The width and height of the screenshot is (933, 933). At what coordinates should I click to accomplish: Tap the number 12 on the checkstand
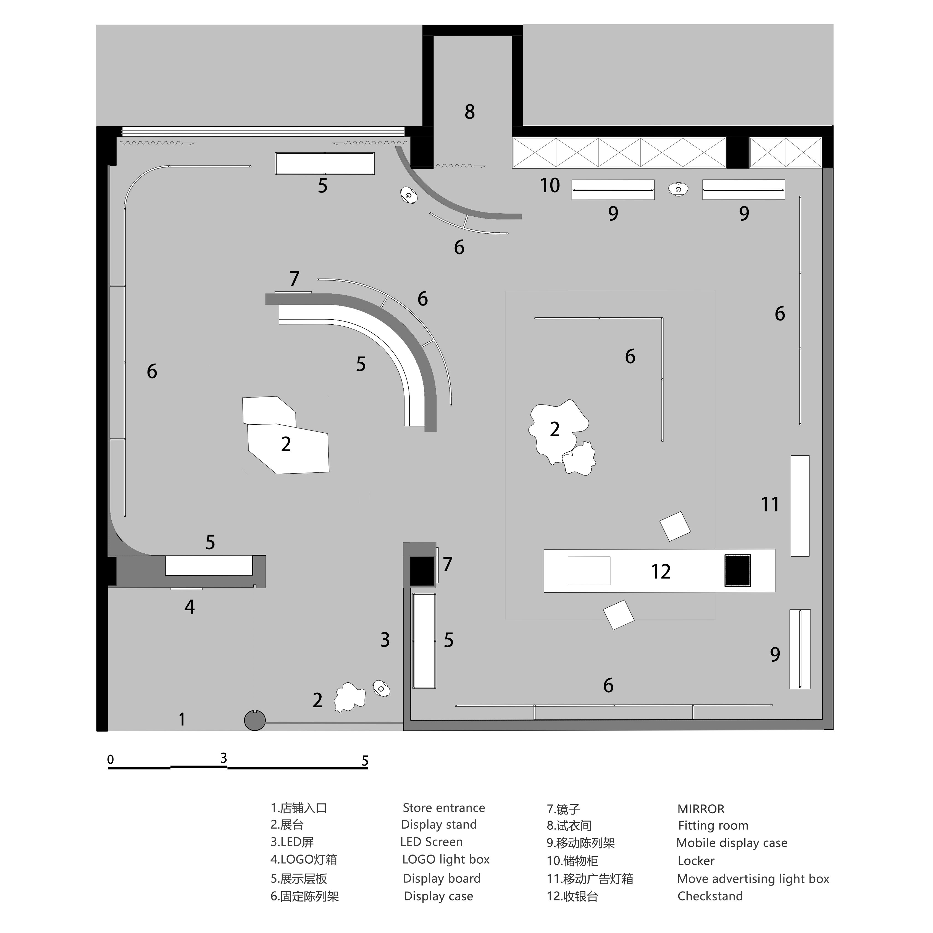click(x=661, y=572)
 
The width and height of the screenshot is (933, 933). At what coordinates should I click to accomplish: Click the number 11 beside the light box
click(x=770, y=505)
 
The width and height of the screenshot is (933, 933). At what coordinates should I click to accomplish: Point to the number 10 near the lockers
click(x=550, y=185)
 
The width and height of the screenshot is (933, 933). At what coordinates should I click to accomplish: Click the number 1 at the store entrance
click(x=182, y=719)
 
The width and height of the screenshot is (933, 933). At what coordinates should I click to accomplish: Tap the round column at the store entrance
click(x=254, y=721)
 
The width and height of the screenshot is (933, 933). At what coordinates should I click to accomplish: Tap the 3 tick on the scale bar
click(x=224, y=758)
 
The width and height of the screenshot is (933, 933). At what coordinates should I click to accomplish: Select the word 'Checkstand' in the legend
click(x=710, y=896)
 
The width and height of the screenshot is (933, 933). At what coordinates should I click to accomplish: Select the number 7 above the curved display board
click(x=294, y=279)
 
